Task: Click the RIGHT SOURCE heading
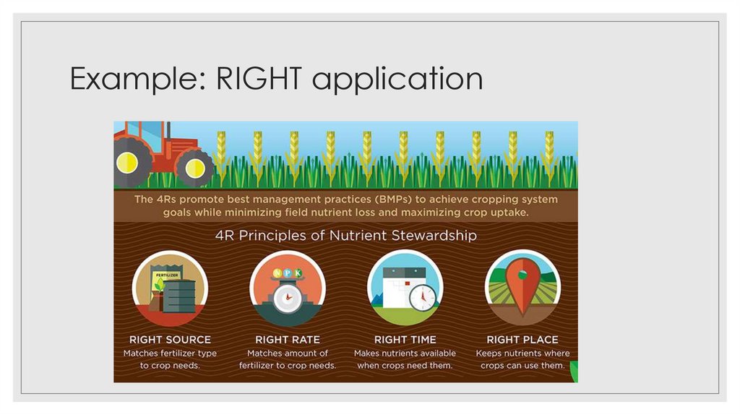(x=170, y=339)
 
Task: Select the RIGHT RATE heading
(x=288, y=339)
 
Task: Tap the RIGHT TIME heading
(x=405, y=339)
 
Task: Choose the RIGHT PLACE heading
(x=522, y=339)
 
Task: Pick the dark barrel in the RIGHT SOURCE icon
(x=179, y=296)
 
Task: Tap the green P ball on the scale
(x=288, y=273)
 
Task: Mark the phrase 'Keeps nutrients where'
(x=522, y=354)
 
